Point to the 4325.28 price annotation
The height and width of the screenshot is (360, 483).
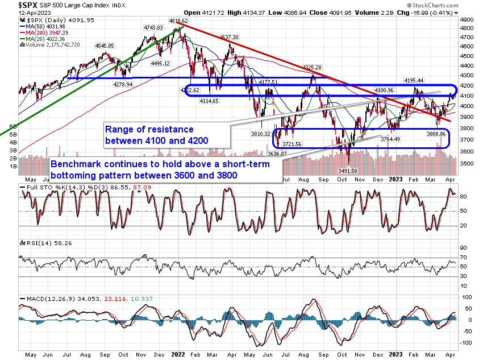(x=313, y=68)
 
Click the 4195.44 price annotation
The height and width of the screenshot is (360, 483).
(x=414, y=80)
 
